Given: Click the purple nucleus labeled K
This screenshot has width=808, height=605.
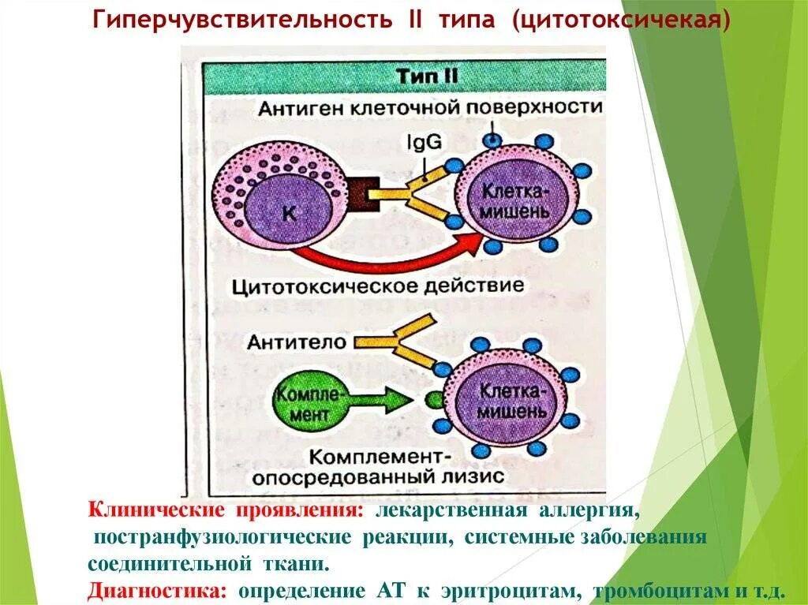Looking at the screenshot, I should [x=287, y=211].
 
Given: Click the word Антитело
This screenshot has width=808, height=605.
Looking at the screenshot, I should [x=296, y=342].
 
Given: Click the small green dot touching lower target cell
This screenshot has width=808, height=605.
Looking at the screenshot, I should [x=432, y=399].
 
